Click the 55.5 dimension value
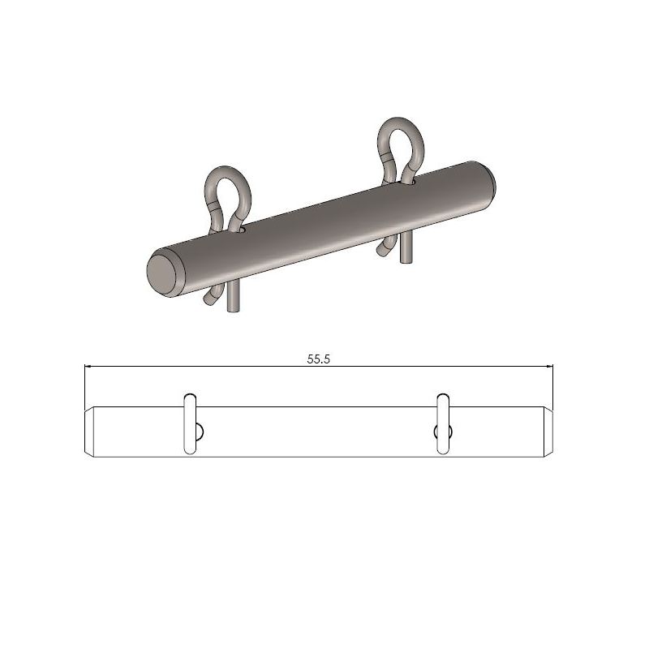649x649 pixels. pyautogui.click(x=318, y=359)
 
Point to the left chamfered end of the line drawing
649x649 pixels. pyautogui.click(x=91, y=430)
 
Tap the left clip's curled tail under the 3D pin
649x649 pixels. pyautogui.click(x=212, y=297)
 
